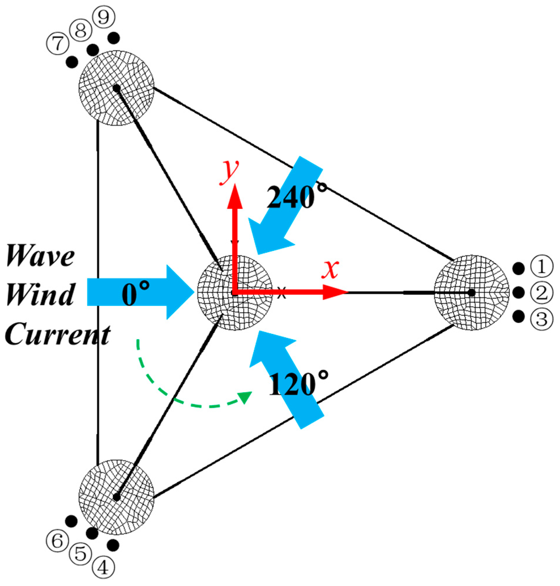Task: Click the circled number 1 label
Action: click(541, 266)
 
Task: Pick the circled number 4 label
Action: click(103, 568)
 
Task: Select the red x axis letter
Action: click(330, 269)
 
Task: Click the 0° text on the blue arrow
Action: click(136, 294)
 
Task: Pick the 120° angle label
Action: click(298, 384)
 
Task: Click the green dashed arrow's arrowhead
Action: click(246, 397)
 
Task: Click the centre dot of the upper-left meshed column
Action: click(117, 88)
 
